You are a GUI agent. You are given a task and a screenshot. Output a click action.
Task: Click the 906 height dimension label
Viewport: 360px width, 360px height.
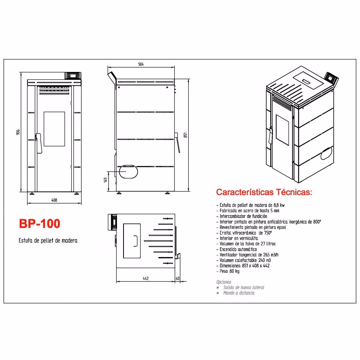coord(18,132)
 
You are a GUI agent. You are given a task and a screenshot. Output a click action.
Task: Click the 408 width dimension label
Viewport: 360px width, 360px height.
coord(54,200)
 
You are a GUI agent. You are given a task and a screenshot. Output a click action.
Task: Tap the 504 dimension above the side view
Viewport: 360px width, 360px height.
coord(141,64)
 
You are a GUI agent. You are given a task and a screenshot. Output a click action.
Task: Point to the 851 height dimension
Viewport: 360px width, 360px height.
coord(185,135)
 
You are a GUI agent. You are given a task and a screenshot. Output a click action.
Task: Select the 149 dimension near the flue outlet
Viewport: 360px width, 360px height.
coord(105,180)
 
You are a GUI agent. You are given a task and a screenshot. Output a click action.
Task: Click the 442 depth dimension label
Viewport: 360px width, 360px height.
coord(145,278)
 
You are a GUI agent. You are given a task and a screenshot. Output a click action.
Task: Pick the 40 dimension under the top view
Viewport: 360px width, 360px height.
coord(177,278)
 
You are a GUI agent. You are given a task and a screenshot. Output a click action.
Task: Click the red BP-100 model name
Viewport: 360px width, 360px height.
coord(40,224)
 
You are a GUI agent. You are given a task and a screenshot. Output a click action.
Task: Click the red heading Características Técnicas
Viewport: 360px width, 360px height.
coord(264,192)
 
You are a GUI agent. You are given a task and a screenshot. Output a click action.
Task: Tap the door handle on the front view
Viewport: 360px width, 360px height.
coord(39,143)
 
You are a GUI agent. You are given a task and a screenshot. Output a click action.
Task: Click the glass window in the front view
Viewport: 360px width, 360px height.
coord(54,129)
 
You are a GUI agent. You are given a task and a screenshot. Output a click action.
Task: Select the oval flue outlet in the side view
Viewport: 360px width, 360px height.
coord(128,171)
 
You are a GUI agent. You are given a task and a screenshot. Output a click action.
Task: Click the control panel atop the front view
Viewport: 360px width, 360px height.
coord(73,76)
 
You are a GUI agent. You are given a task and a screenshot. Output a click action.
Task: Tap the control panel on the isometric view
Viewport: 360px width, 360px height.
coord(332,78)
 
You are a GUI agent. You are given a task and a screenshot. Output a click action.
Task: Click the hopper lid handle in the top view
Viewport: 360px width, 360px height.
coord(135,241)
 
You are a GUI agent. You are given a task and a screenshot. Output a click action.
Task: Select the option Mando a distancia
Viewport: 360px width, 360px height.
coord(239,293)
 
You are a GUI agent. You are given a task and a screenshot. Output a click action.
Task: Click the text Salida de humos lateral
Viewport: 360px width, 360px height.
coord(244,287)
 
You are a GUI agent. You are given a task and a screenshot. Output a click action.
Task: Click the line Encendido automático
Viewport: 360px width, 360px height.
coord(237,249)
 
